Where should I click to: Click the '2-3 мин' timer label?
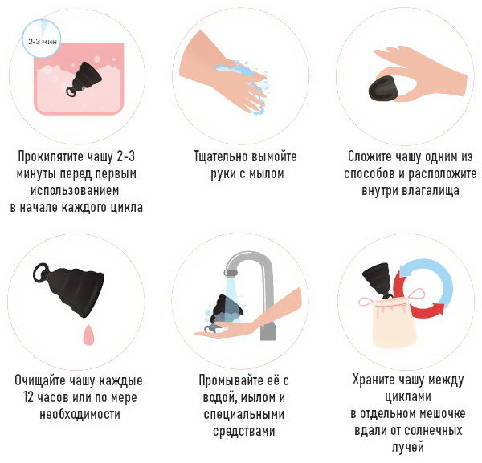(43, 42)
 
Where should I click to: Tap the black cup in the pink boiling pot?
(81, 79)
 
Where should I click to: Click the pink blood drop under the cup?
(88, 335)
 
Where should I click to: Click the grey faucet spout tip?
(231, 273)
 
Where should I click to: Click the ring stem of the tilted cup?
(41, 273)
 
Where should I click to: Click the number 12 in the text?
(28, 397)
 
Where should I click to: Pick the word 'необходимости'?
(80, 414)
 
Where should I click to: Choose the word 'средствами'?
(243, 431)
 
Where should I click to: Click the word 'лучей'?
(407, 447)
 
